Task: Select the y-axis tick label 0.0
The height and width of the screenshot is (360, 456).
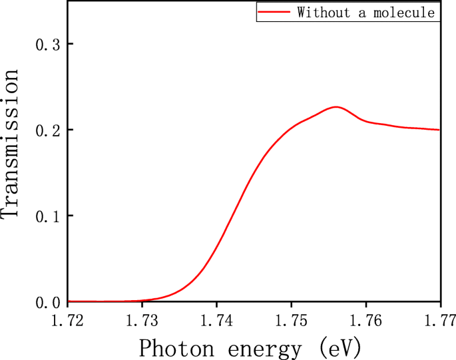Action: tap(47, 303)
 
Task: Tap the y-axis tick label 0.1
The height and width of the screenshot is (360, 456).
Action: tap(47, 216)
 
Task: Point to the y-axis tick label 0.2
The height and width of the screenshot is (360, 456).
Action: tap(47, 130)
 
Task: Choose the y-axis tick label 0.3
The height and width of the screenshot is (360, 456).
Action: tap(47, 44)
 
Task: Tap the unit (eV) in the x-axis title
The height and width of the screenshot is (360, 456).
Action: tap(341, 347)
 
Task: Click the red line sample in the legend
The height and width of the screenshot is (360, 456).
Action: tap(274, 12)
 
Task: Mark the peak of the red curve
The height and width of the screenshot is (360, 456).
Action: tap(336, 106)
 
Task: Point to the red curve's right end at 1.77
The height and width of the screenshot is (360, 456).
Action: tap(439, 130)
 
